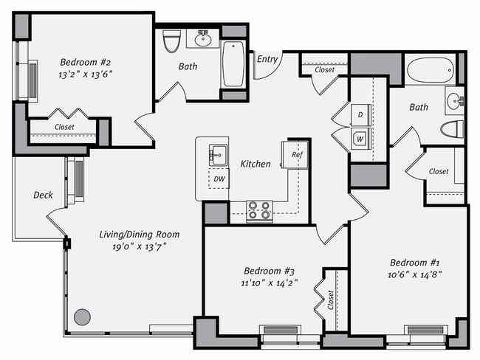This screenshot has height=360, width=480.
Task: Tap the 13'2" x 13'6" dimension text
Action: click(85, 74)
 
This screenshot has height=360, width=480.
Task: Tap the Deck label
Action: click(43, 195)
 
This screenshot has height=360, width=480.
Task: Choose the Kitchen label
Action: click(256, 164)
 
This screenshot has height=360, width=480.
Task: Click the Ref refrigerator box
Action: click(297, 156)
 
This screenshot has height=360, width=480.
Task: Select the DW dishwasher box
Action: click(219, 179)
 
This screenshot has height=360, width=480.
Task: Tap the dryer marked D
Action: click(360, 115)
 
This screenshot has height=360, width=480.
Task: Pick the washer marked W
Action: click(360, 137)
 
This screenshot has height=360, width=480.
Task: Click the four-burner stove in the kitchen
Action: click(258, 210)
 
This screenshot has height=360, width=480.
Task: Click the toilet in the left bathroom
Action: click(171, 41)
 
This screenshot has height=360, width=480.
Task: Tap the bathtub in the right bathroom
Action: click(429, 72)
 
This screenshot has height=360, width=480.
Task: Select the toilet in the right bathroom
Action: click(451, 130)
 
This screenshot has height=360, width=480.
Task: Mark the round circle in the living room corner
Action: click(82, 317)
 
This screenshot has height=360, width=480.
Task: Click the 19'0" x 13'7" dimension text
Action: click(139, 246)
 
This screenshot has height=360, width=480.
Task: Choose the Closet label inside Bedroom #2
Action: click(64, 127)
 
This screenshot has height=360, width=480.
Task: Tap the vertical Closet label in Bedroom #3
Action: click(330, 300)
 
